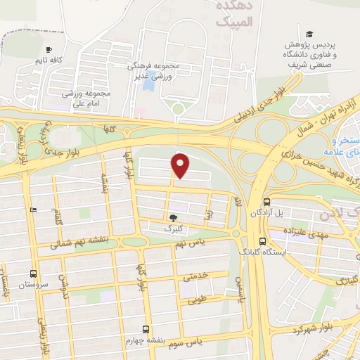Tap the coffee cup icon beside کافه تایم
[x=49, y=49]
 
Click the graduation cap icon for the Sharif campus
[x=309, y=34]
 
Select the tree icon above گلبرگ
[x=173, y=217]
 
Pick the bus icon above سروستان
[x=33, y=274]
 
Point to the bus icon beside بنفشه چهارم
[x=146, y=328]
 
